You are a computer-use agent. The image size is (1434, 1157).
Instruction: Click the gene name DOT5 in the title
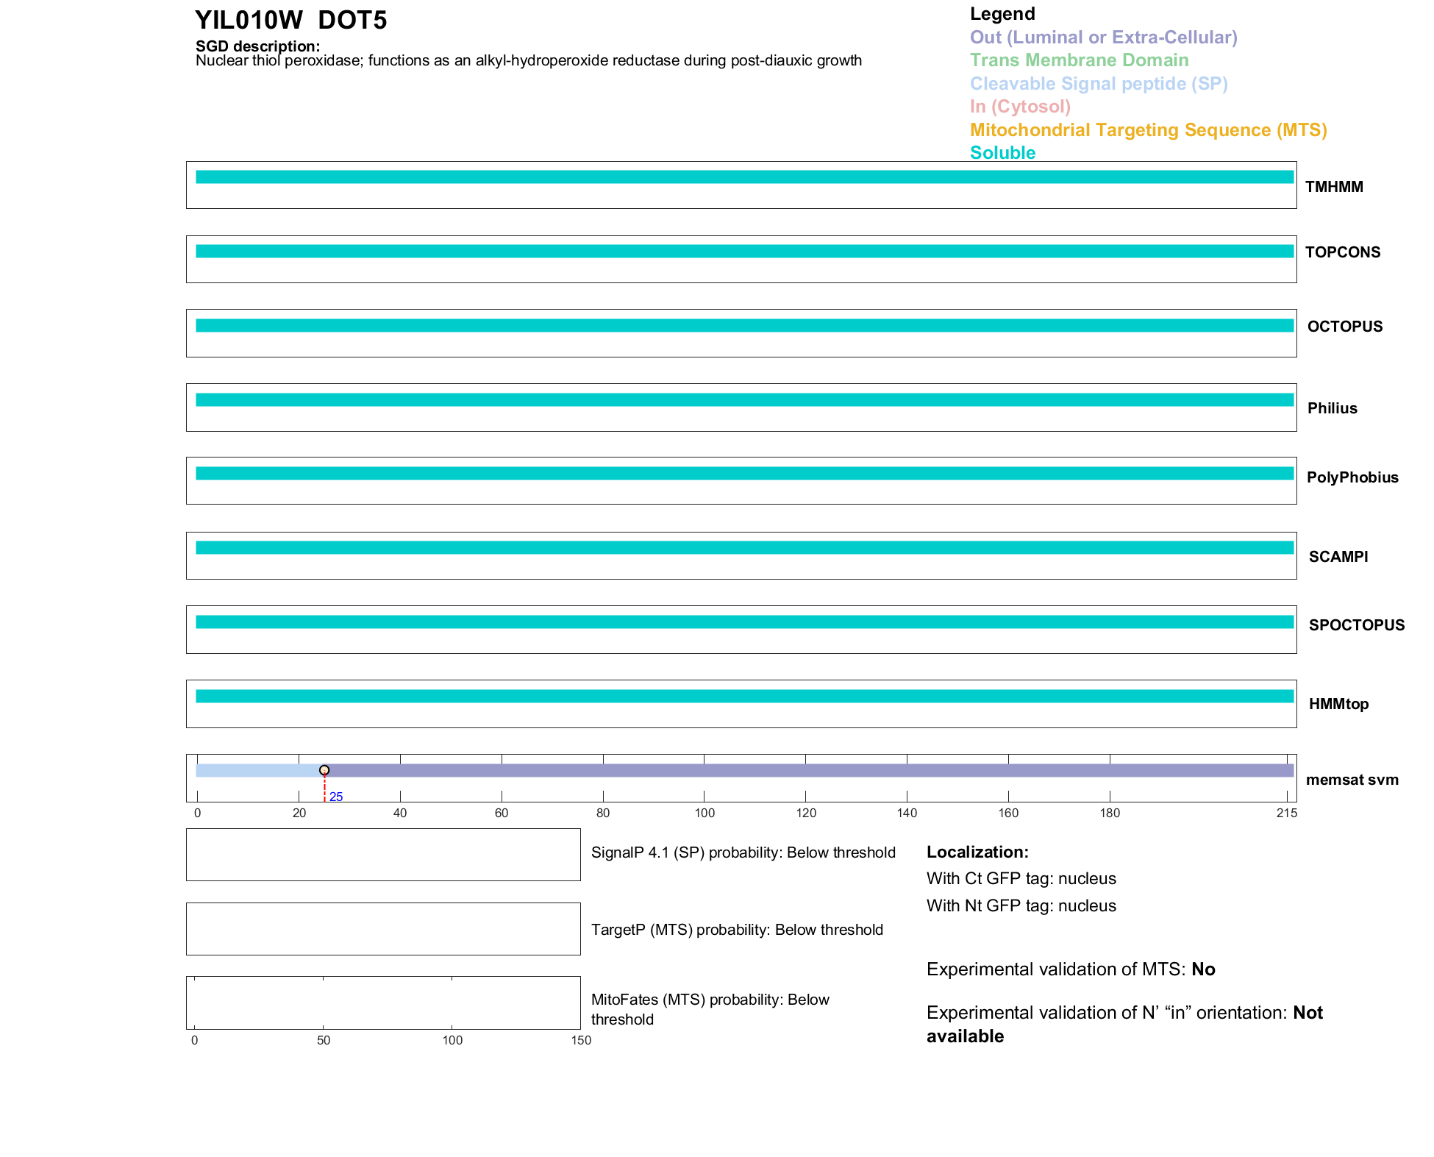(x=352, y=21)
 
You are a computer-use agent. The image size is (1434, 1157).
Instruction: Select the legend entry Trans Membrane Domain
(x=1079, y=60)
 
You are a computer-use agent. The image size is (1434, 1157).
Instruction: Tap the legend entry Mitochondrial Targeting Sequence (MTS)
(x=1148, y=130)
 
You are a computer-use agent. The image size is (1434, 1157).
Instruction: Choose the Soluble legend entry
(x=1002, y=153)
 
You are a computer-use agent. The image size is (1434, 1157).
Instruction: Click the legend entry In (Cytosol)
(x=1020, y=107)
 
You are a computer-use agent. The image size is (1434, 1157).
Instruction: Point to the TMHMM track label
(x=1334, y=187)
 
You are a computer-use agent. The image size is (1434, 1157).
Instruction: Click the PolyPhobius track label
(x=1352, y=477)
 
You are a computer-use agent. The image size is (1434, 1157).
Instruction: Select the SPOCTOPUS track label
(x=1356, y=625)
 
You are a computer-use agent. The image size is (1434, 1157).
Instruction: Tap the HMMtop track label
(x=1338, y=704)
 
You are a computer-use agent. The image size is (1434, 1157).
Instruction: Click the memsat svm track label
(x=1352, y=780)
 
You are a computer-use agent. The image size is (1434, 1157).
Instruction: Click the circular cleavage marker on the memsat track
(x=324, y=770)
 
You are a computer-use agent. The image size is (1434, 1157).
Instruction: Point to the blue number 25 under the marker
(x=336, y=797)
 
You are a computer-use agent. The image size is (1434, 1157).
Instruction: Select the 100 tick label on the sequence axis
(x=704, y=813)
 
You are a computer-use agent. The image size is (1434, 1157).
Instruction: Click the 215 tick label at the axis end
(x=1287, y=813)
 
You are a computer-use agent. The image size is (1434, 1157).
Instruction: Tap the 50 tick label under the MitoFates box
(x=324, y=1040)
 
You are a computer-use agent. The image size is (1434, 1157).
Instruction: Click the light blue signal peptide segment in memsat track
(x=257, y=771)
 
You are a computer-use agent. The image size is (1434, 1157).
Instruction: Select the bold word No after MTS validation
(x=1203, y=969)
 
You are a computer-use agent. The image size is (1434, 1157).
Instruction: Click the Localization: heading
(x=977, y=852)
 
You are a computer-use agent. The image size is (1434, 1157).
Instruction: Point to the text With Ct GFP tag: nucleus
(x=1021, y=879)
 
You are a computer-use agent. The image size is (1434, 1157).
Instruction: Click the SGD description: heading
(x=257, y=46)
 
